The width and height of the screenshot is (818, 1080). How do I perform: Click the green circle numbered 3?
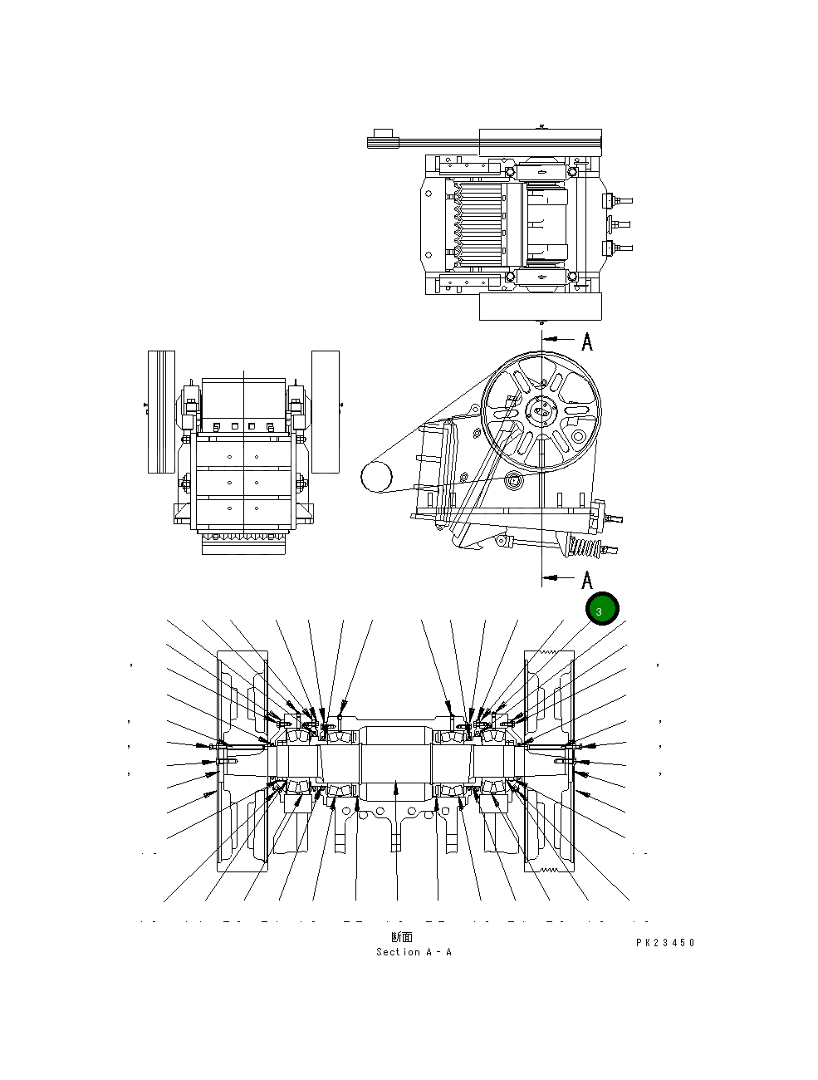pyautogui.click(x=602, y=609)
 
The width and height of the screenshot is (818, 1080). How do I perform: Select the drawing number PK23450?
pyautogui.click(x=665, y=943)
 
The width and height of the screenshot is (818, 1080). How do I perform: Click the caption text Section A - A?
pyautogui.click(x=414, y=952)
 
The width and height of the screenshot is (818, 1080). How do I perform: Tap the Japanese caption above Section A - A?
pyautogui.click(x=402, y=938)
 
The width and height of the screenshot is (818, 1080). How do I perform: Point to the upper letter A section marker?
pyautogui.click(x=587, y=341)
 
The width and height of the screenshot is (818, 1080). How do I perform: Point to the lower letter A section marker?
pyautogui.click(x=587, y=579)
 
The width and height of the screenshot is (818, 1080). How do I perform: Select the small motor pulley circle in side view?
pyautogui.click(x=376, y=477)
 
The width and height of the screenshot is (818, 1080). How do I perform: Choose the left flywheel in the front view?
pyautogui.click(x=161, y=411)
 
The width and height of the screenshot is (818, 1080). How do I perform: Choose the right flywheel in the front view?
pyautogui.click(x=326, y=411)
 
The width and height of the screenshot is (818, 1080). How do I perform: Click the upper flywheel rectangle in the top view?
pyautogui.click(x=540, y=142)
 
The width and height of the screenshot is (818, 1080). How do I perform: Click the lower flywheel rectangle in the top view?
pyautogui.click(x=540, y=307)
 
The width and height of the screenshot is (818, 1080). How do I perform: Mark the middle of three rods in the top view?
pyautogui.click(x=620, y=223)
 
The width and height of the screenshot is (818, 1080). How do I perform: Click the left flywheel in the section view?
pyautogui.click(x=241, y=760)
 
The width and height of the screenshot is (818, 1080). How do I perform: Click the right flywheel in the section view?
pyautogui.click(x=550, y=760)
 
